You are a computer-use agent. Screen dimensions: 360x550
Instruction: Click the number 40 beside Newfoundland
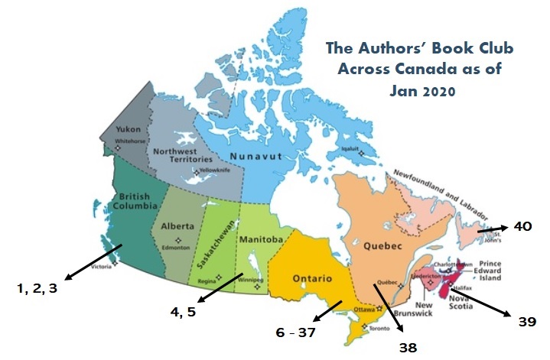[522, 226]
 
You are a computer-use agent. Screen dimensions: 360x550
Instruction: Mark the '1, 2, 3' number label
[37, 288]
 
